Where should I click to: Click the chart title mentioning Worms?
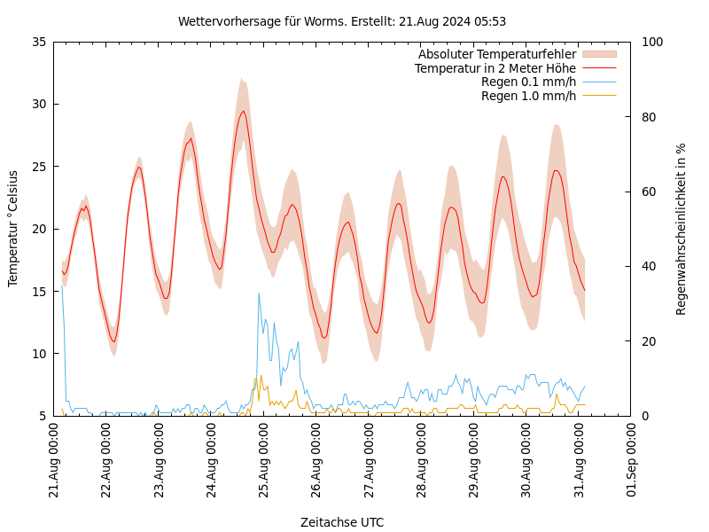point(342,21)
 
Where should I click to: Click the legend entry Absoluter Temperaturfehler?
point(496,54)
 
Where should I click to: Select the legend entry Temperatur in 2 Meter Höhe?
point(495,68)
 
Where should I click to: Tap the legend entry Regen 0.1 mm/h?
point(528,82)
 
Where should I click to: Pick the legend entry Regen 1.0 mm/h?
point(528,96)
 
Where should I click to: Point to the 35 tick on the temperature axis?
point(38,42)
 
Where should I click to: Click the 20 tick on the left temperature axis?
point(38,229)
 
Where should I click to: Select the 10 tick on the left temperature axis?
point(38,354)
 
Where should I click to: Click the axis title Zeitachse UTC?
point(342,522)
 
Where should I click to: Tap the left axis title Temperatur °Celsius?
point(13,228)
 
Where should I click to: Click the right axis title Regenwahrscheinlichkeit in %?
point(682,229)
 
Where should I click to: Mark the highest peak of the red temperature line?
point(243,111)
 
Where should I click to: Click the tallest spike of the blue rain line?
point(259,293)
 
